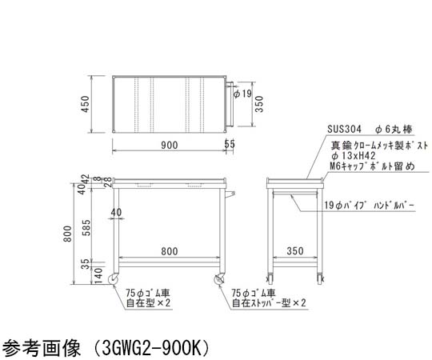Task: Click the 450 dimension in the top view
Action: [86, 104]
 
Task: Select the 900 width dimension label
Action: [169, 145]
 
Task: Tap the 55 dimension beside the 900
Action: [230, 144]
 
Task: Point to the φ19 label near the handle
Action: [242, 94]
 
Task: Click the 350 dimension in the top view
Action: [259, 104]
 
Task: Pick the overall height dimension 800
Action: [67, 234]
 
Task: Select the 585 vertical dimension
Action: [86, 227]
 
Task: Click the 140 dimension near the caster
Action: [98, 276]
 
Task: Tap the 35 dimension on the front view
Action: [86, 264]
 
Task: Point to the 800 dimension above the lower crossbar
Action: [170, 251]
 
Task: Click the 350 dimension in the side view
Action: [295, 251]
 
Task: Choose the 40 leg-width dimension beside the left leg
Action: [116, 212]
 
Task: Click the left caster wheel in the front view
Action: [113, 279]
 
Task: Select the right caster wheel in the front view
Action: [219, 279]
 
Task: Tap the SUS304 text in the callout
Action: [344, 129]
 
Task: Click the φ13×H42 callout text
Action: [354, 156]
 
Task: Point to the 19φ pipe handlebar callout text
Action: [369, 206]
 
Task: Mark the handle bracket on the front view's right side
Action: [230, 194]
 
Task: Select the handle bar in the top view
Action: [230, 104]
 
